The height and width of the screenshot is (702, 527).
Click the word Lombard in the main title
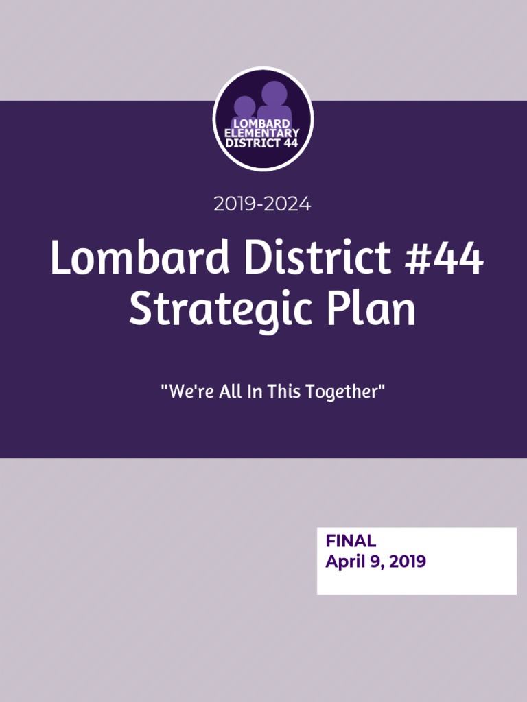pyautogui.click(x=140, y=257)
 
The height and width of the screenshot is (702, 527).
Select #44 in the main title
pyautogui.click(x=444, y=258)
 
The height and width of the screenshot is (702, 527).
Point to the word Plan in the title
pyautogui.click(x=371, y=308)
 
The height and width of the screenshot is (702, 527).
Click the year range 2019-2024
pyautogui.click(x=262, y=204)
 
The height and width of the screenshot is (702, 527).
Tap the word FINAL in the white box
pyautogui.click(x=351, y=541)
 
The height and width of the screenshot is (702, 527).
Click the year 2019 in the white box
pyautogui.click(x=408, y=561)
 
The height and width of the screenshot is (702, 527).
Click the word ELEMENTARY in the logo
pyautogui.click(x=262, y=133)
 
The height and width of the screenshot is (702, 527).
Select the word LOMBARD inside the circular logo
pyautogui.click(x=261, y=123)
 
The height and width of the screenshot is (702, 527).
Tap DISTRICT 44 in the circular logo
pyautogui.click(x=261, y=143)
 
